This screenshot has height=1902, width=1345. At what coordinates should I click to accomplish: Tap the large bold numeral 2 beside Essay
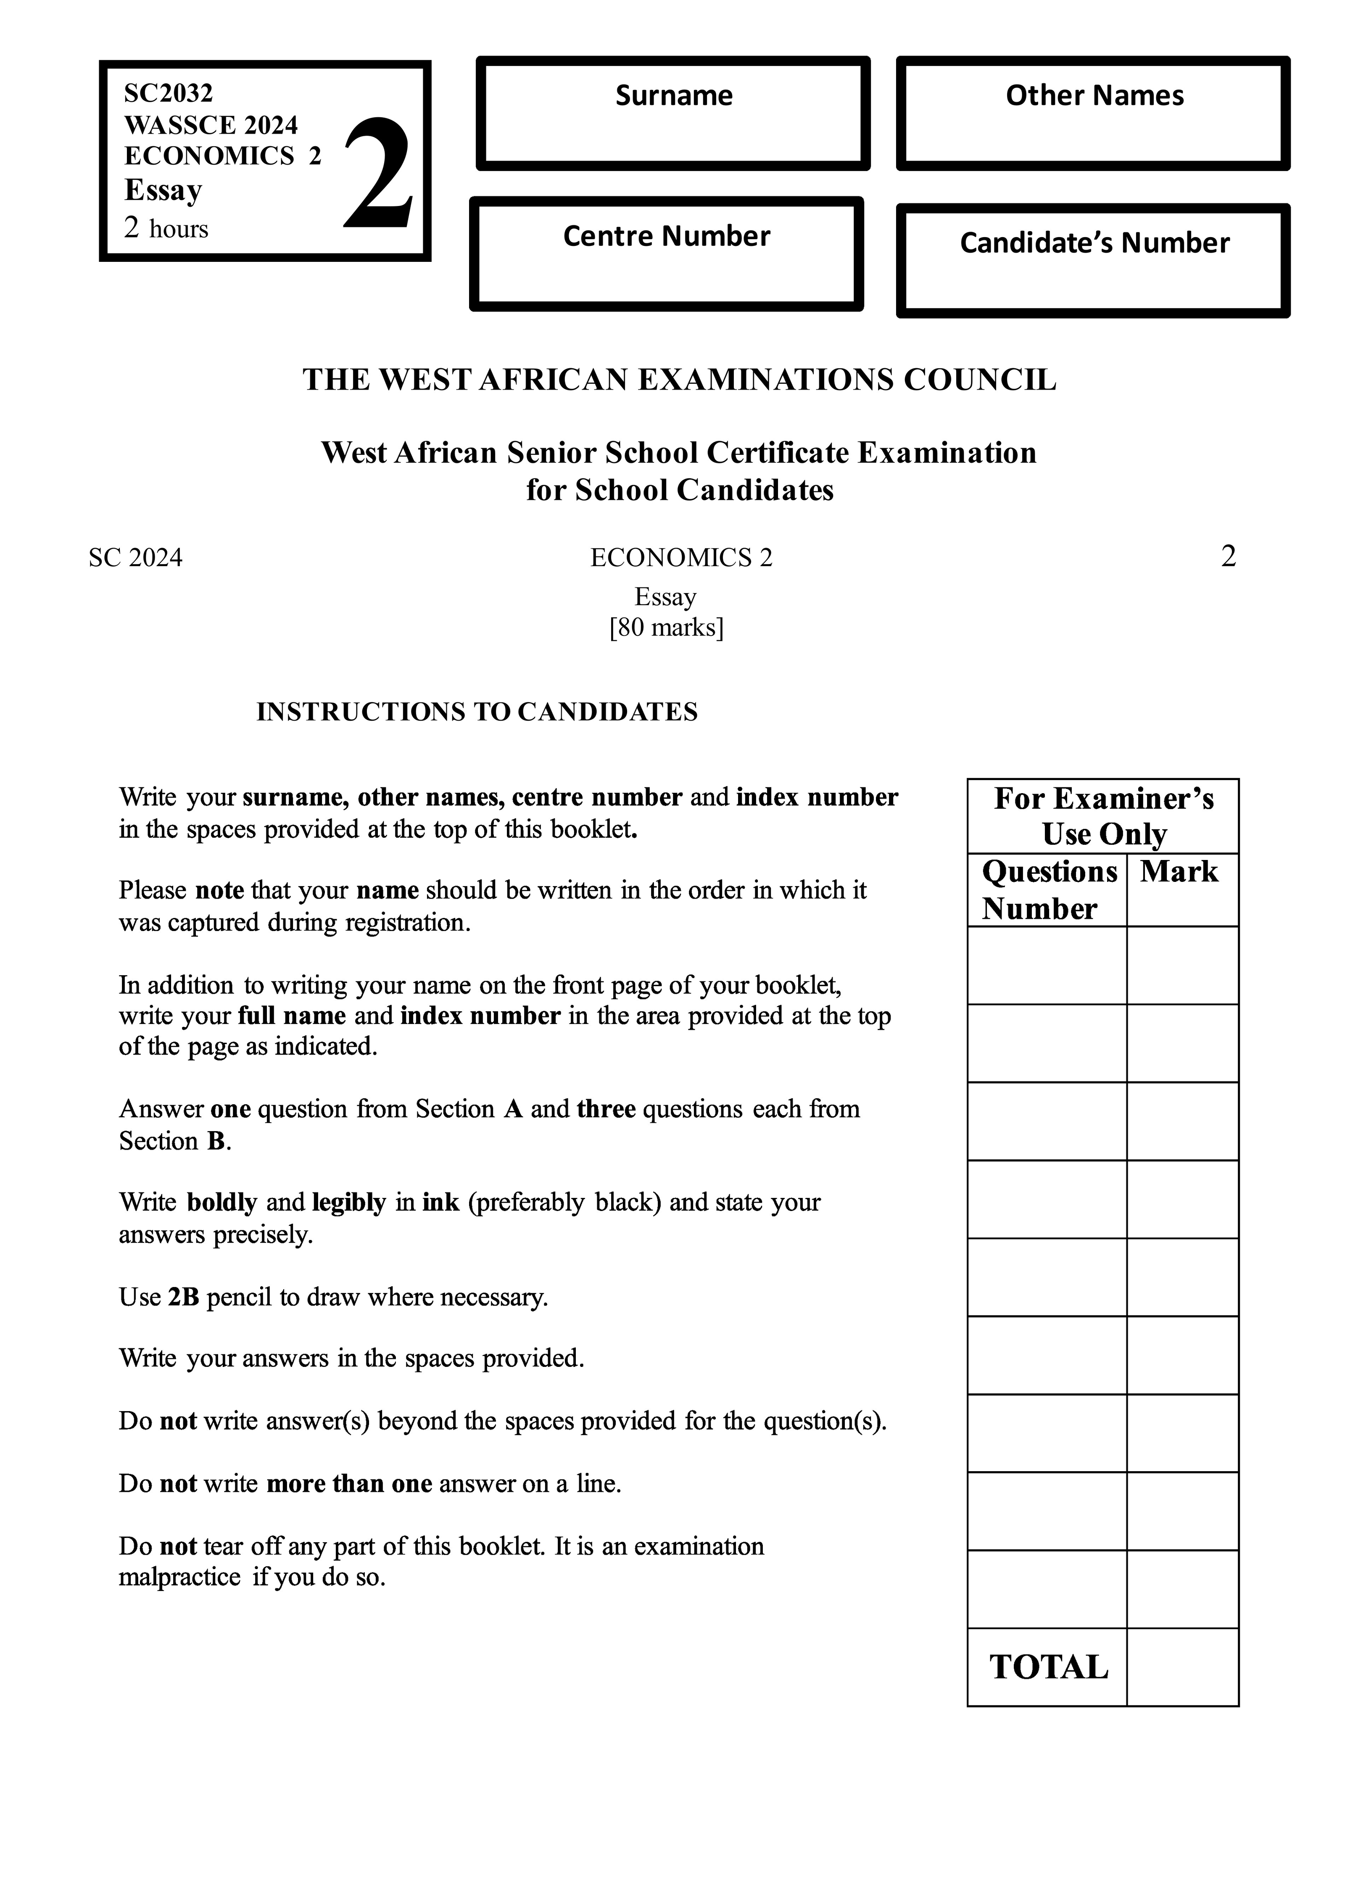tap(378, 174)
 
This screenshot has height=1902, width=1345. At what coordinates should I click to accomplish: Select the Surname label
tap(673, 96)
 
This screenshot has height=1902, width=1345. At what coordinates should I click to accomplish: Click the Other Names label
tap(1094, 96)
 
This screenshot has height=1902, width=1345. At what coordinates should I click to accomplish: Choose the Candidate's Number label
tap(1094, 243)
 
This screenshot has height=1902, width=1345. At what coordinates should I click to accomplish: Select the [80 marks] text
tap(666, 628)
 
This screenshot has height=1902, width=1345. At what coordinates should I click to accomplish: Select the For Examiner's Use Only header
tap(1103, 816)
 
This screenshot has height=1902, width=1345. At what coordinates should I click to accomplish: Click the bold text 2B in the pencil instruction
tap(183, 1297)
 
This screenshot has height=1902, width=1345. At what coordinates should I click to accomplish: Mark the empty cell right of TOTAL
tap(1182, 1667)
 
